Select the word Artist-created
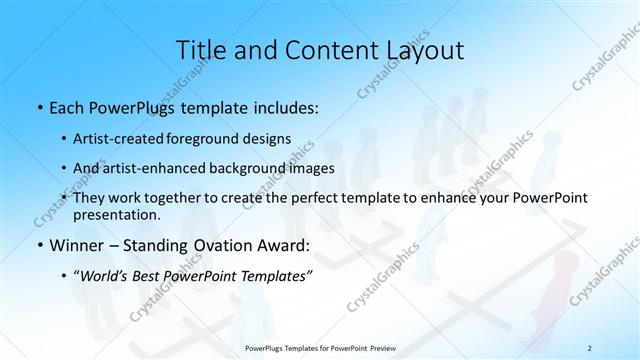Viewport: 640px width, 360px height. pos(119,138)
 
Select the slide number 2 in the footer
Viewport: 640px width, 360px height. pos(589,348)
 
